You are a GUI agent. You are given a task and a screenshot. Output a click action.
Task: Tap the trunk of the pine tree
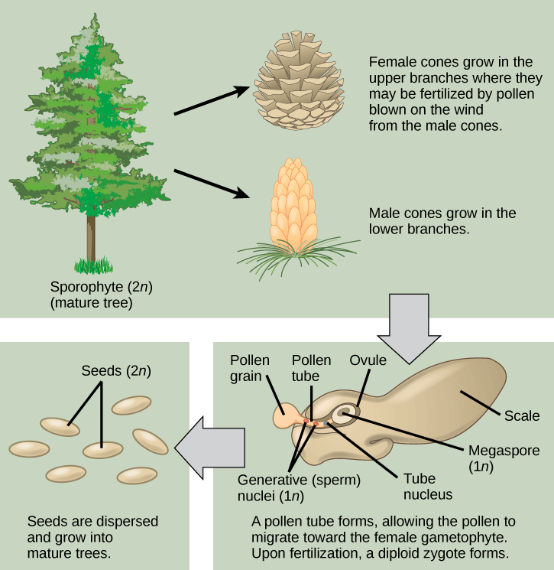(91, 237)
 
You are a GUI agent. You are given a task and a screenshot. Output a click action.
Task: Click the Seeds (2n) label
(116, 371)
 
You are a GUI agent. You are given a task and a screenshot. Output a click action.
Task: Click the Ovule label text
(368, 360)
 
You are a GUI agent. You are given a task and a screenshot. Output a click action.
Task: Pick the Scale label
(522, 416)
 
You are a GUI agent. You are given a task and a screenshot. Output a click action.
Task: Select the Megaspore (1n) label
(497, 458)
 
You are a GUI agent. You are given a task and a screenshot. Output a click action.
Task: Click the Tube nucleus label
(427, 484)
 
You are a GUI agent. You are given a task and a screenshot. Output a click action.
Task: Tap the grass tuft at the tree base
(93, 266)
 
